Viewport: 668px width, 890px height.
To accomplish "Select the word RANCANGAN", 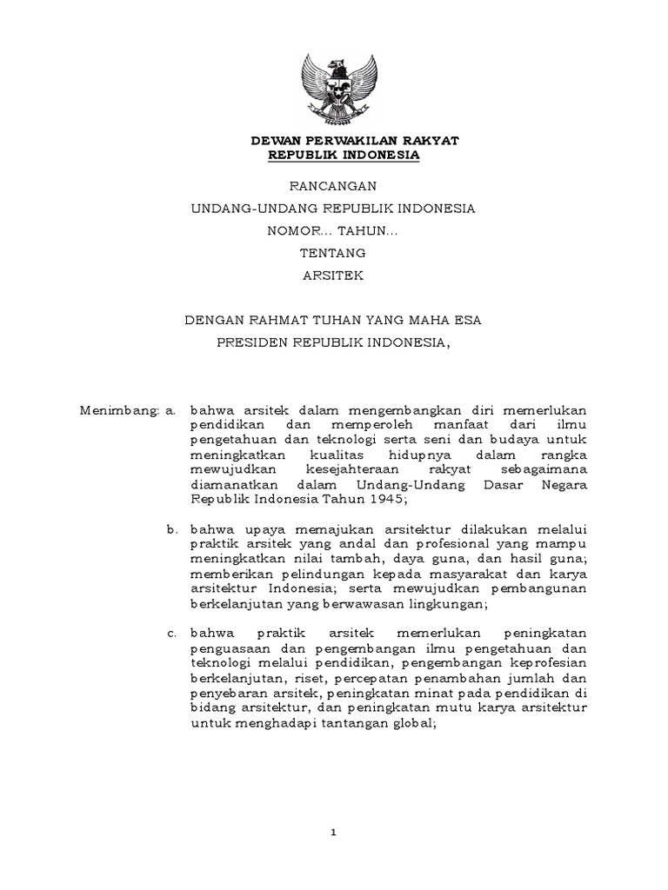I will (334, 185).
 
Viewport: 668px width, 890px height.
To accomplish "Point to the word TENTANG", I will (333, 254).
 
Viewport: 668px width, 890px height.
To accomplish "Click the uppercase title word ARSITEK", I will (333, 276).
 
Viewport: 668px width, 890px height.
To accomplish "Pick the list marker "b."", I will (171, 526).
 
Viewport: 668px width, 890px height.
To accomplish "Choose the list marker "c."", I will (171, 631).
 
